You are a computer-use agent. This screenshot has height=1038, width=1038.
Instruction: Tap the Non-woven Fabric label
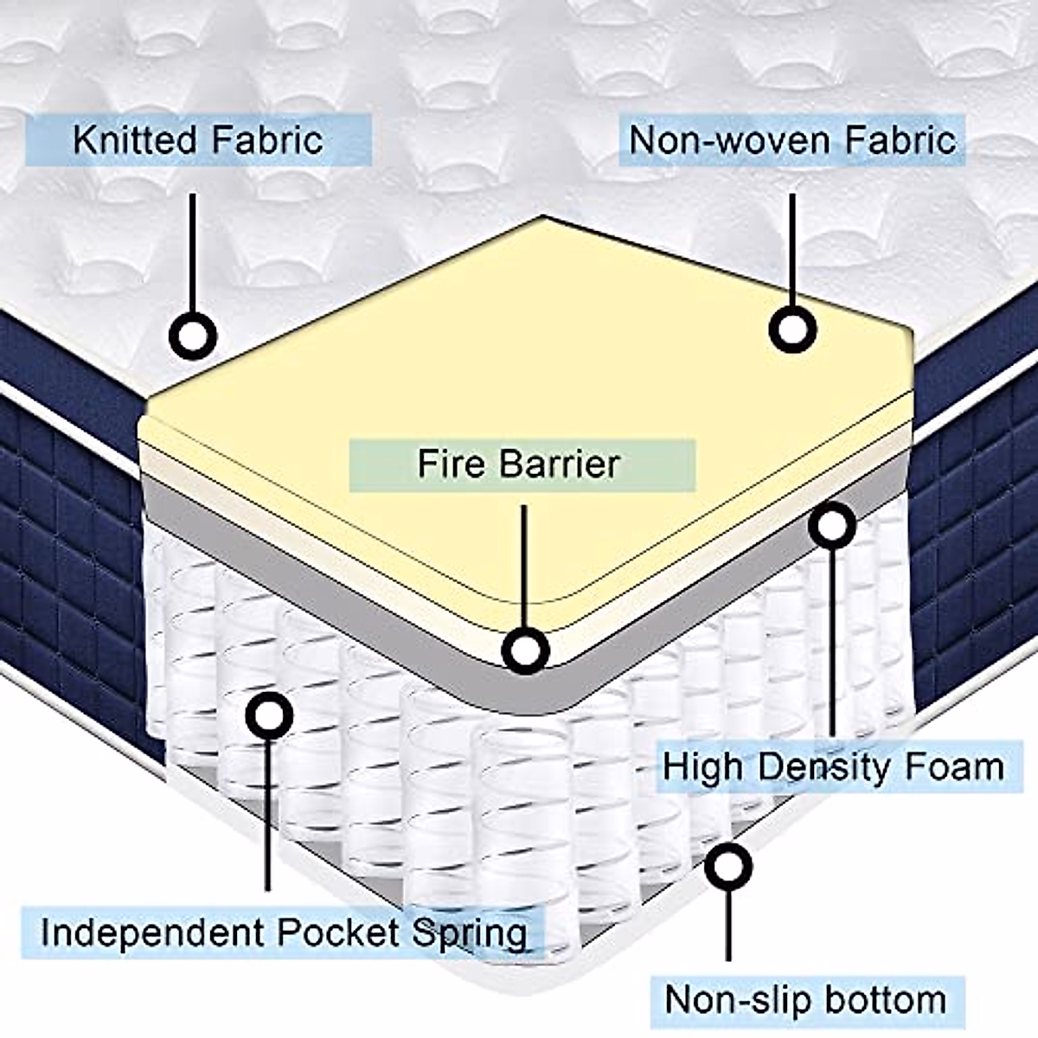tap(791, 140)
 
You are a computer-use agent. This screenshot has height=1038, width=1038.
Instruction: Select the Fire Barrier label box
tap(521, 465)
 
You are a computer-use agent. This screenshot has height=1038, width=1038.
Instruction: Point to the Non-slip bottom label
tap(805, 1000)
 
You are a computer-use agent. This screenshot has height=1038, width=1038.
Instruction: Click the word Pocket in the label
tap(340, 933)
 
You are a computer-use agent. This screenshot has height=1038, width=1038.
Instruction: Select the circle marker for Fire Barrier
tap(525, 650)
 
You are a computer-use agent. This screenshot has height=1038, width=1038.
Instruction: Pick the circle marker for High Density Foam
tap(831, 525)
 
